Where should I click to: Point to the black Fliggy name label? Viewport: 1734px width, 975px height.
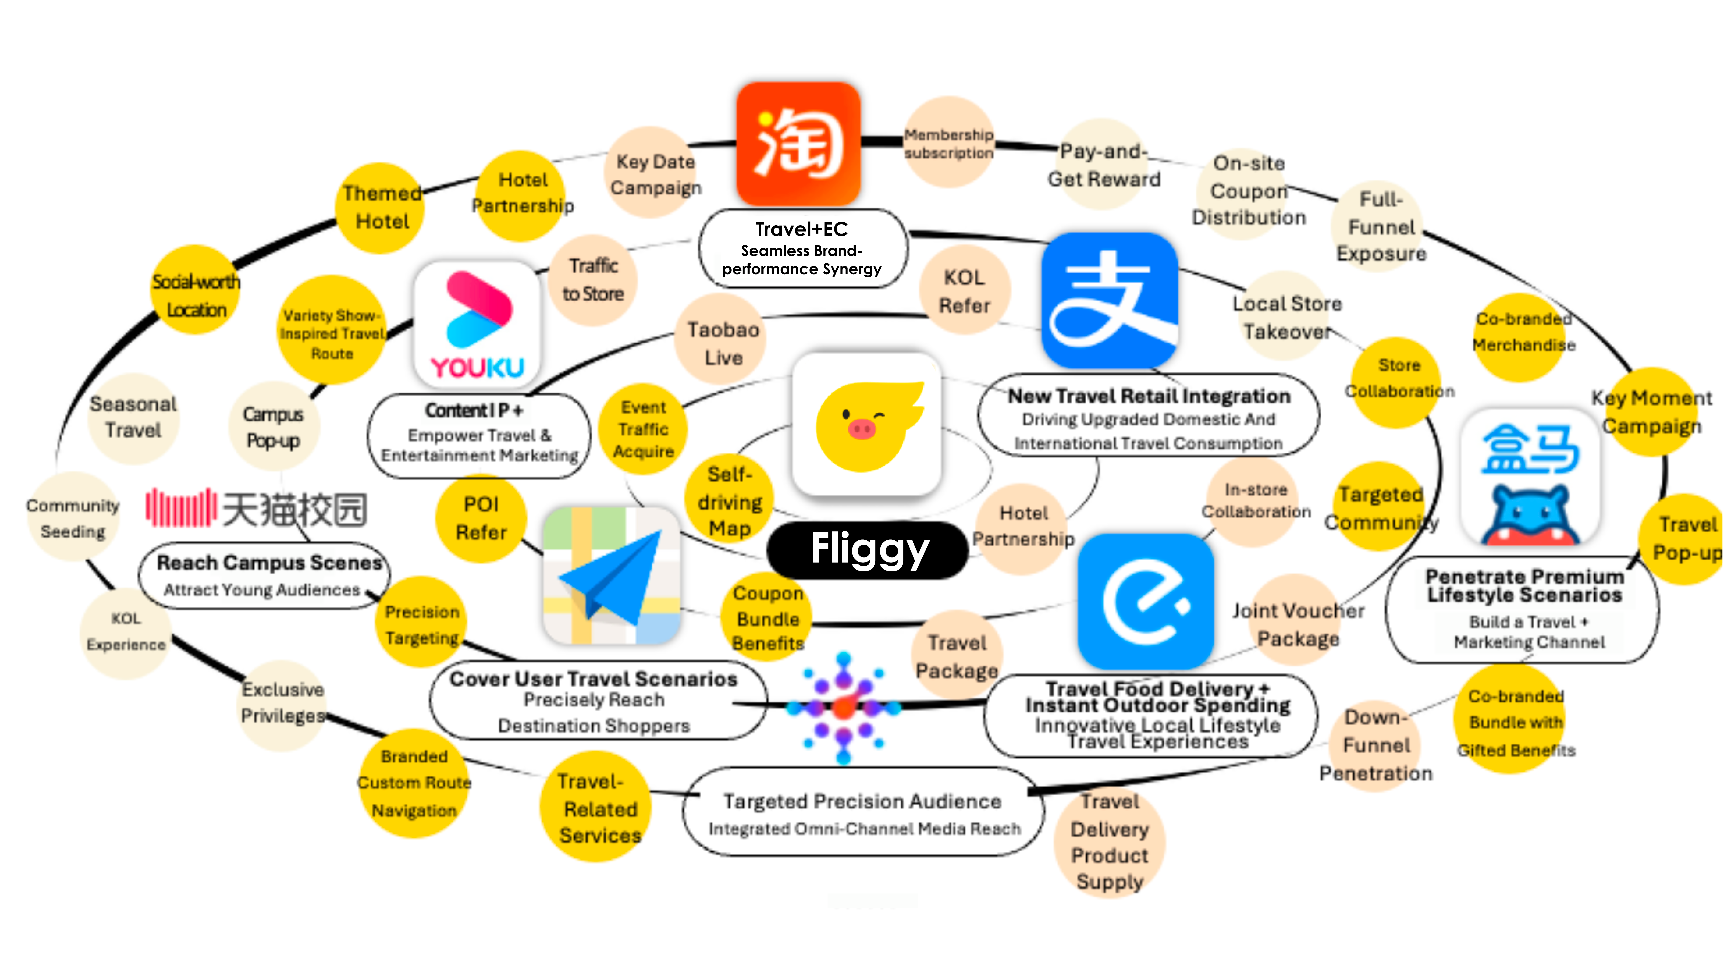[868, 550]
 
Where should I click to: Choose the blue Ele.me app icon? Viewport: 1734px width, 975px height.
[1146, 601]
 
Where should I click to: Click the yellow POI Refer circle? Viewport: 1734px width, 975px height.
[481, 518]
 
